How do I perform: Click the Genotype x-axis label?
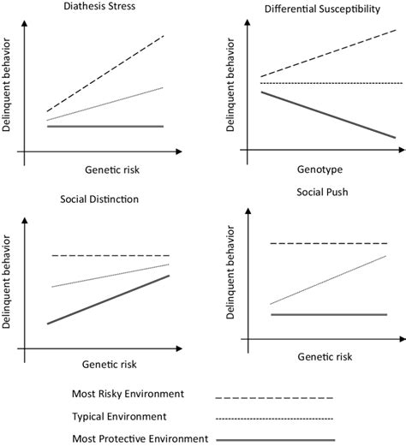(318, 170)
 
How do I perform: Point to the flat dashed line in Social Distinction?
(110, 256)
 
